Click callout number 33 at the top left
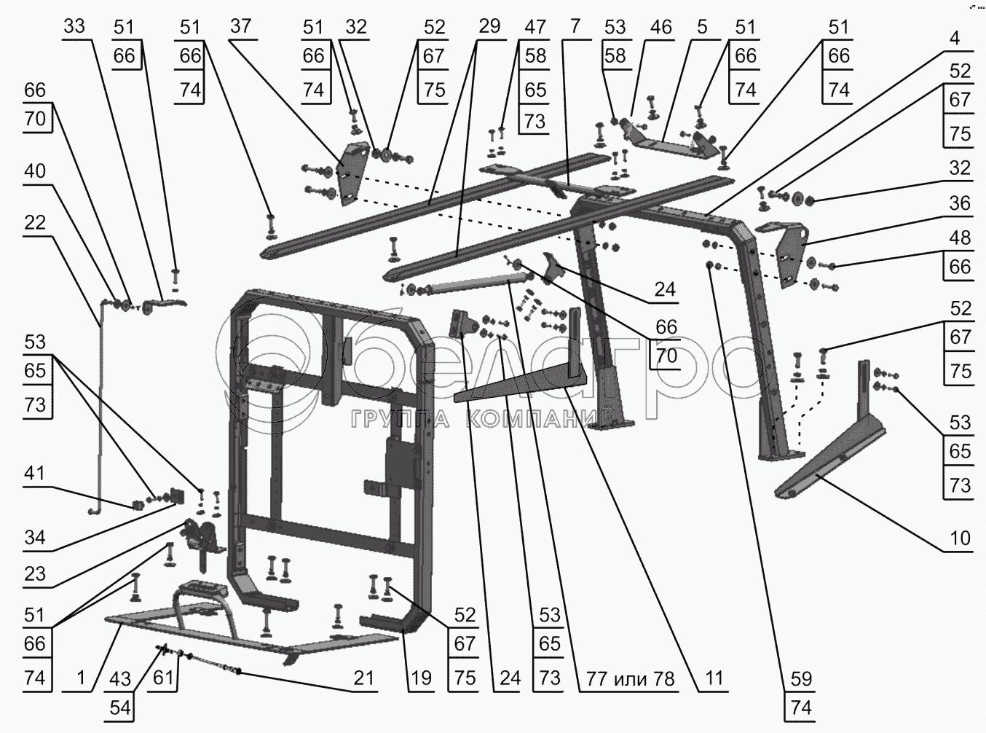tap(74, 26)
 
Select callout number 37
tap(241, 26)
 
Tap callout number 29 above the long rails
tap(489, 26)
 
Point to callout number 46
tap(660, 27)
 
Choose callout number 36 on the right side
tap(960, 203)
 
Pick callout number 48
tap(960, 238)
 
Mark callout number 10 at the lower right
tap(960, 538)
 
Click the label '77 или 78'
tap(631, 679)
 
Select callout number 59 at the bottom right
tap(802, 679)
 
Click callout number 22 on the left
tap(35, 222)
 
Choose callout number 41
tap(35, 474)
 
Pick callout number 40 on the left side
tap(35, 171)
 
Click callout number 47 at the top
tap(535, 27)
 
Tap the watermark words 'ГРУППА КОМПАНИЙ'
tap(484, 418)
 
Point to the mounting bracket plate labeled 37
tap(353, 173)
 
